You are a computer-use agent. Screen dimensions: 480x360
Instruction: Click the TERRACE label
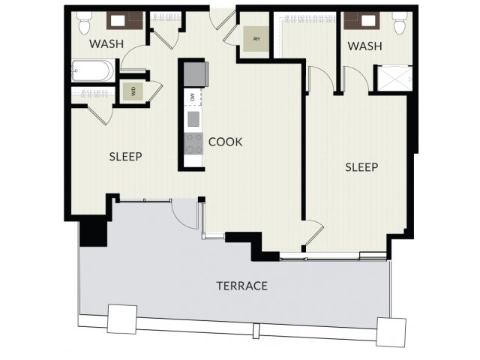coord(241,286)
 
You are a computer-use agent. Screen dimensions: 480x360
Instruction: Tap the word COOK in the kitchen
coord(225,142)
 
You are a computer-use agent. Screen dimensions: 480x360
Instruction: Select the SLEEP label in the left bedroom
coord(125,157)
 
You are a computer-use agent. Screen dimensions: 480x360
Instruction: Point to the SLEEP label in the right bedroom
coord(361,167)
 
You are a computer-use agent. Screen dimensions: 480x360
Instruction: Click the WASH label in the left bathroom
coord(106,43)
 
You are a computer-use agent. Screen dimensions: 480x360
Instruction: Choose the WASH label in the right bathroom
coord(365,46)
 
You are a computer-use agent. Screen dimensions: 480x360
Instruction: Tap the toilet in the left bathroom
coord(84,23)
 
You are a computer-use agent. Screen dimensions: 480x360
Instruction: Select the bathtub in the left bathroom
coord(93,70)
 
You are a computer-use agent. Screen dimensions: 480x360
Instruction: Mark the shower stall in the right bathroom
coord(395,78)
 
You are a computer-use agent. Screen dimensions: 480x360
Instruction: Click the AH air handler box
coord(256,39)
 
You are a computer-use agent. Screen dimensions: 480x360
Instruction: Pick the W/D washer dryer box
coord(133,91)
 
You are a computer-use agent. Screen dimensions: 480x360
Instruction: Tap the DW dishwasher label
coord(193,97)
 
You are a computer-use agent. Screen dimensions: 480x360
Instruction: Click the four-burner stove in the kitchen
coord(193,143)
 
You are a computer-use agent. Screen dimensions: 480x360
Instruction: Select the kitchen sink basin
coord(193,119)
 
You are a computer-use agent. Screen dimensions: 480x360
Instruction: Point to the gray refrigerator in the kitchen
coord(196,74)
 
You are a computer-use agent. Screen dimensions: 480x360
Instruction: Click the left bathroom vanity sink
coord(118,21)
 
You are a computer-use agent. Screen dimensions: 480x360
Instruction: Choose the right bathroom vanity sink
coord(368,21)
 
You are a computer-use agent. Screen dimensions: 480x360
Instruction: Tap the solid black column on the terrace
coord(93,233)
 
